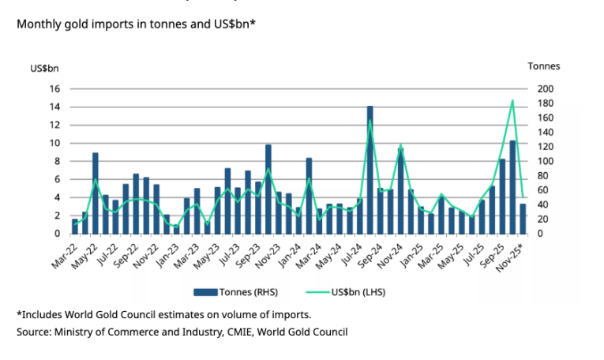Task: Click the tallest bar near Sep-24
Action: coord(370,170)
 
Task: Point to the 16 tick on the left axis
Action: coord(56,88)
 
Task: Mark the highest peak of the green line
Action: coord(513,100)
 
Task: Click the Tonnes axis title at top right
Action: coord(543,66)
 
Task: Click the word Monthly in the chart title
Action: coord(39,24)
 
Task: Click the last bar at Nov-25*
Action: coord(523,219)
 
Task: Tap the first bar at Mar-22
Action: coord(75,226)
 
